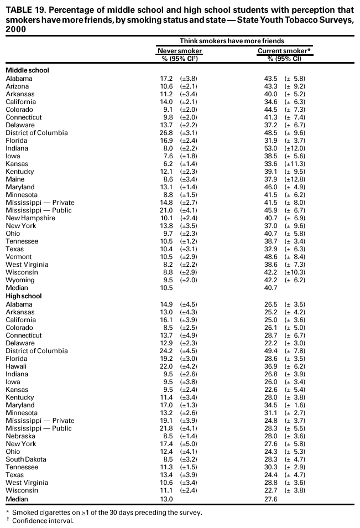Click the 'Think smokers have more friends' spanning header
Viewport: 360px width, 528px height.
(x=232, y=41)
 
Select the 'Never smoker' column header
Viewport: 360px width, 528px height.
(x=180, y=51)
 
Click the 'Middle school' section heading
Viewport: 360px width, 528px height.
(x=27, y=70)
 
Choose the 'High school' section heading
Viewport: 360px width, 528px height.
(x=24, y=296)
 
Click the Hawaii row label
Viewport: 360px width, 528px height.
(x=16, y=366)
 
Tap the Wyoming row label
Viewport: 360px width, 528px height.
(x=20, y=280)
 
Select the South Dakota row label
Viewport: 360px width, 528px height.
(x=26, y=459)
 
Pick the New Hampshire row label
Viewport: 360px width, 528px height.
(x=30, y=218)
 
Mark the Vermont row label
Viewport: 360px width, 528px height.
(x=18, y=257)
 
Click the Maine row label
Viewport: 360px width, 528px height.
(x=15, y=179)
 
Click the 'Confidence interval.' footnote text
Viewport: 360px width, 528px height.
(x=43, y=521)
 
